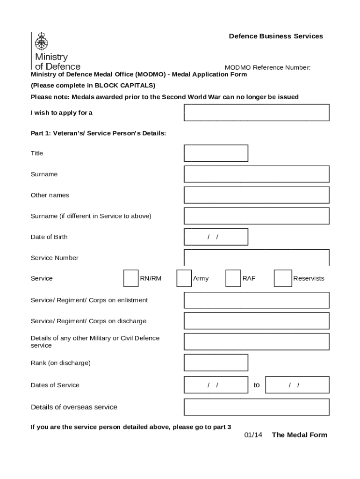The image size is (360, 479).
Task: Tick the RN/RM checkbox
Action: pyautogui.click(x=131, y=278)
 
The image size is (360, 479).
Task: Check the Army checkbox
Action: pyautogui.click(x=184, y=278)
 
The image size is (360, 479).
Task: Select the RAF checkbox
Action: pyautogui.click(x=233, y=278)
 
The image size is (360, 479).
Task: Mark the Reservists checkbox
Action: pyautogui.click(x=283, y=278)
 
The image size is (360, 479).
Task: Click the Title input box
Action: pyautogui.click(x=216, y=153)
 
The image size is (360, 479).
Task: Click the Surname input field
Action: pyautogui.click(x=257, y=174)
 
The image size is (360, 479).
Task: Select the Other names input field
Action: pyautogui.click(x=257, y=195)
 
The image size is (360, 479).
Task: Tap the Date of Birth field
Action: pyautogui.click(x=216, y=237)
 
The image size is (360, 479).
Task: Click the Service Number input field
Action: pyautogui.click(x=257, y=258)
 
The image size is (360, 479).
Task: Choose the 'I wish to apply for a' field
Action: pyautogui.click(x=257, y=113)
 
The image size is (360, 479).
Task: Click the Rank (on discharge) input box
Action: pyautogui.click(x=216, y=363)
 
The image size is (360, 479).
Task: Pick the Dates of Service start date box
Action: pyautogui.click(x=216, y=385)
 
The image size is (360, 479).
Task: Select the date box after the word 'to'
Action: pyautogui.click(x=297, y=385)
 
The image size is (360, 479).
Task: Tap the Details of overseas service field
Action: pyautogui.click(x=257, y=407)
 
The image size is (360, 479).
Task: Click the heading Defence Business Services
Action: pyautogui.click(x=276, y=36)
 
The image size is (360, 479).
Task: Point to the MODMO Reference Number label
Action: pyautogui.click(x=267, y=67)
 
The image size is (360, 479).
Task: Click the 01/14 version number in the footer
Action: pyautogui.click(x=253, y=435)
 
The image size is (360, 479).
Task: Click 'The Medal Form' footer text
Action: pyautogui.click(x=300, y=435)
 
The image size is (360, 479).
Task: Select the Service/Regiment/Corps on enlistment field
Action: pyautogui.click(x=257, y=300)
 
